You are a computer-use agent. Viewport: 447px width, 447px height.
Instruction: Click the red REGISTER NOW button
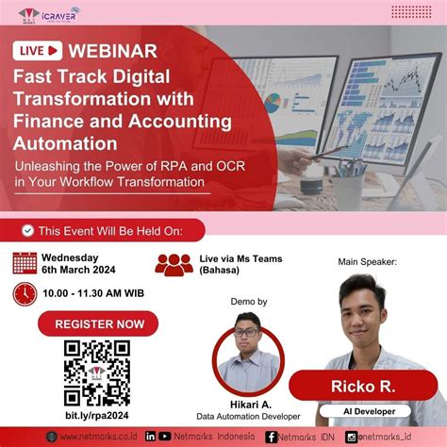(x=99, y=324)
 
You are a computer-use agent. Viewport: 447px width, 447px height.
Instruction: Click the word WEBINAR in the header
(x=114, y=49)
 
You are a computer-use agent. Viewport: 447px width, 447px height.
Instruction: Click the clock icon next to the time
(x=25, y=293)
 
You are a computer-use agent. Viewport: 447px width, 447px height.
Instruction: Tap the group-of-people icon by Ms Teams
(x=174, y=265)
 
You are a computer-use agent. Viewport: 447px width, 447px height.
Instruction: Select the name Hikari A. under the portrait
(x=251, y=403)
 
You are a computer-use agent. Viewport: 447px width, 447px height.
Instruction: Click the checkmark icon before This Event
(x=28, y=230)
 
